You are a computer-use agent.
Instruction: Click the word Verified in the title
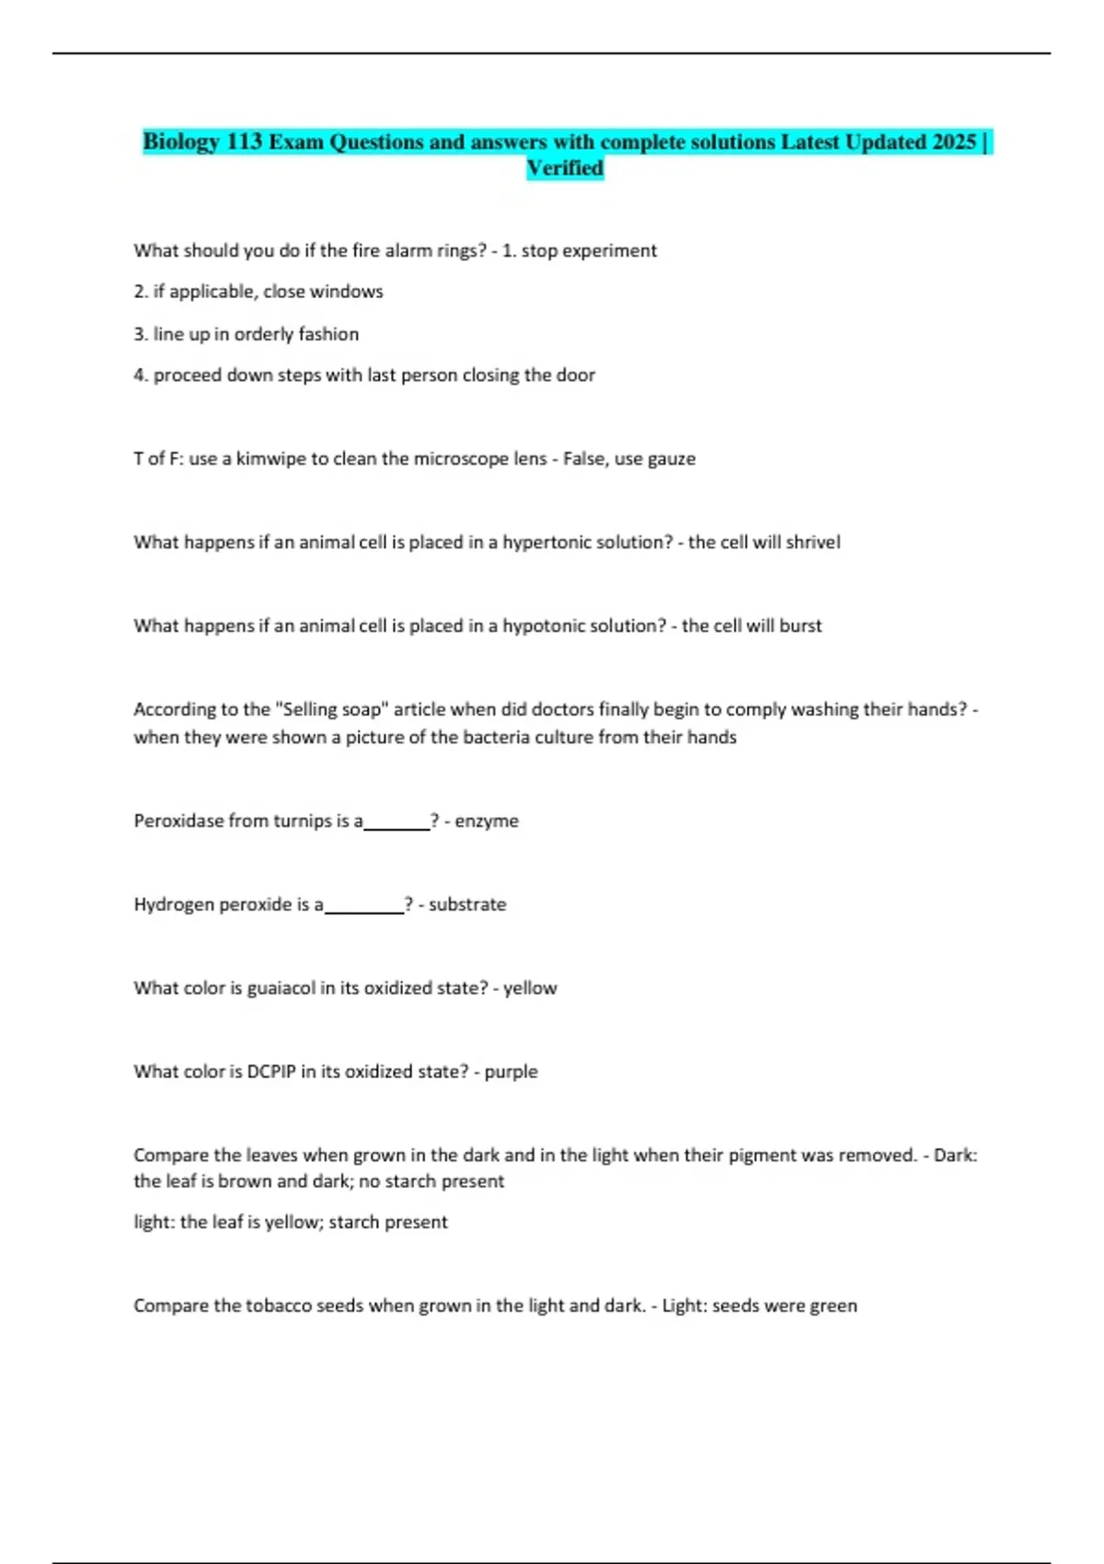click(x=565, y=168)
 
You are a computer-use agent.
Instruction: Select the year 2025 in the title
click(x=953, y=142)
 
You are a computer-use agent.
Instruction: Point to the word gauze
click(x=672, y=458)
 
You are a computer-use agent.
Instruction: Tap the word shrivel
click(x=812, y=542)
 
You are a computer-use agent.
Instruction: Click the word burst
click(x=800, y=626)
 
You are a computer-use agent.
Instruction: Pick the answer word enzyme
click(x=487, y=821)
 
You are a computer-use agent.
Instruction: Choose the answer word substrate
click(x=467, y=904)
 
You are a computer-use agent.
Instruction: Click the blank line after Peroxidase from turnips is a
click(x=397, y=824)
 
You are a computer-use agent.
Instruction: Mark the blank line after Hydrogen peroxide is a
click(x=363, y=908)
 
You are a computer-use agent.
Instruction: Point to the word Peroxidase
click(x=178, y=821)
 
